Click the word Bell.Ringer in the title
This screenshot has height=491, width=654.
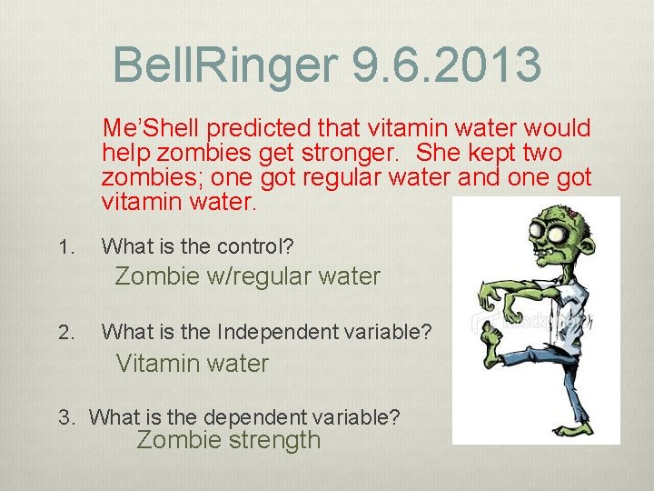click(226, 65)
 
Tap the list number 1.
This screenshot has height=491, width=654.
click(63, 246)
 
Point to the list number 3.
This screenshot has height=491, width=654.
click(65, 418)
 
